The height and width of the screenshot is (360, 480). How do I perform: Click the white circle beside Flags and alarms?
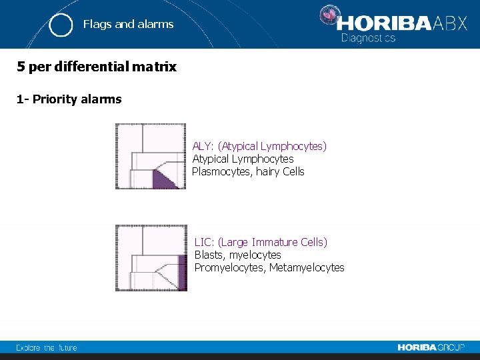[61, 25]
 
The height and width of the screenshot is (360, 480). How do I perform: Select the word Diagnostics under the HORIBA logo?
[368, 39]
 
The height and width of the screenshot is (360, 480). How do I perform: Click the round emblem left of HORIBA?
[328, 17]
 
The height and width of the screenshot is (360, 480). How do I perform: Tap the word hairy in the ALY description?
[265, 171]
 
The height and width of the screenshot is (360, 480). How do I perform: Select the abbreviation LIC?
[204, 242]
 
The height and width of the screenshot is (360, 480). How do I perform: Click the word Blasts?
[209, 255]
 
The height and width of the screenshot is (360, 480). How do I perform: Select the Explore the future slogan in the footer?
[47, 347]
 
